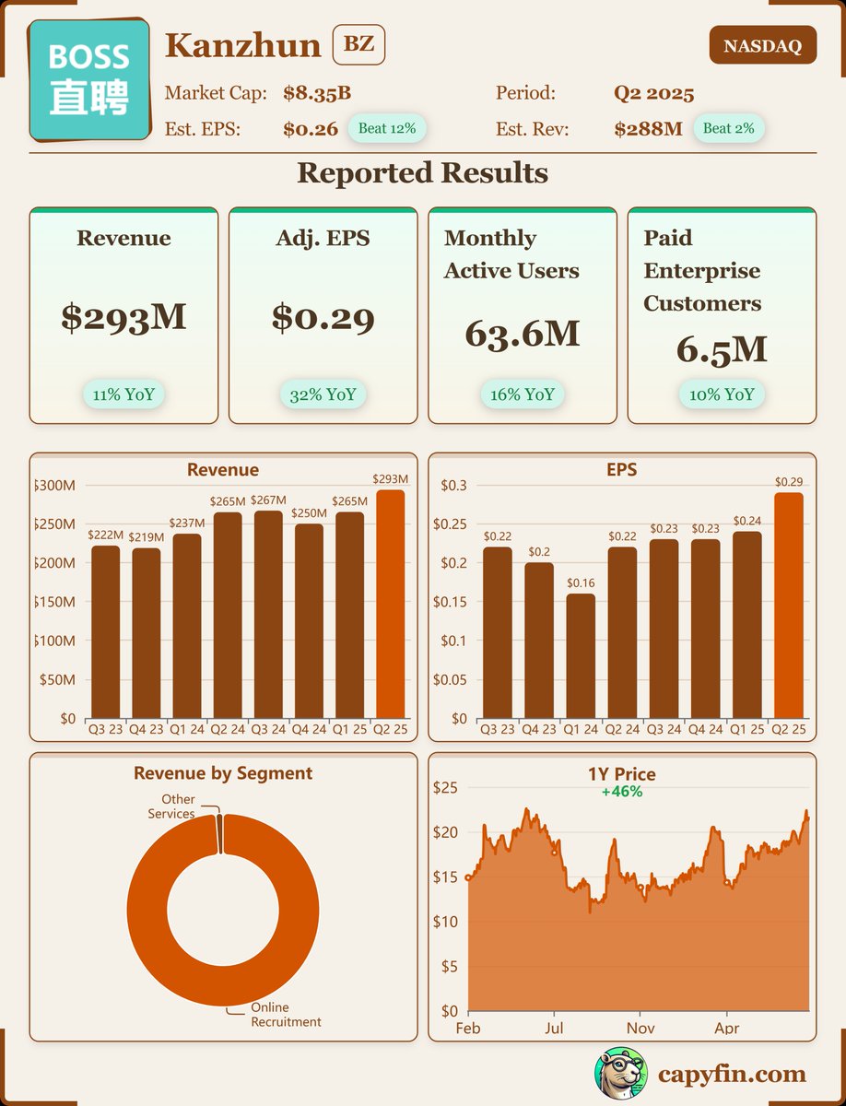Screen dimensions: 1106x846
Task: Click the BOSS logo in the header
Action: pyautogui.click(x=89, y=80)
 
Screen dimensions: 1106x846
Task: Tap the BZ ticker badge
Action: pyautogui.click(x=358, y=45)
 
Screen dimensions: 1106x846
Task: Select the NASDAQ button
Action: pyautogui.click(x=762, y=45)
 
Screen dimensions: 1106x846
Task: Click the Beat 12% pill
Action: pyautogui.click(x=386, y=128)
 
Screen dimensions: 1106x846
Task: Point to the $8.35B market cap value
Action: pyautogui.click(x=317, y=93)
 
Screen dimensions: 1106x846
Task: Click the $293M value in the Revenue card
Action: pyautogui.click(x=123, y=316)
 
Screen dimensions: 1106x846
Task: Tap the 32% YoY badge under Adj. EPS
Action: pyautogui.click(x=323, y=394)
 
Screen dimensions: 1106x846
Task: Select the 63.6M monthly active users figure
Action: pyautogui.click(x=522, y=333)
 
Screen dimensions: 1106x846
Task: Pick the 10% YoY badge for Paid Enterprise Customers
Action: pyautogui.click(x=722, y=394)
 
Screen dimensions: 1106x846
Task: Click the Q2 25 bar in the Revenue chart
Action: pyautogui.click(x=390, y=604)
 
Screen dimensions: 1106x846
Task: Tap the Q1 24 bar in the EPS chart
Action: pyautogui.click(x=581, y=655)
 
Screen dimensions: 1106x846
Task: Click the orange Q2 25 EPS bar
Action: pyautogui.click(x=788, y=605)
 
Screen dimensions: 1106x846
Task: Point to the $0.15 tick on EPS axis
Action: pyautogui.click(x=451, y=602)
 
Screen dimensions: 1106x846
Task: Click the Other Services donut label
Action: pyautogui.click(x=172, y=806)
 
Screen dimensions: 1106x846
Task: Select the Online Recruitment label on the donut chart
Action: pyautogui.click(x=286, y=1015)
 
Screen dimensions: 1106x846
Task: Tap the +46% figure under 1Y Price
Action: pyautogui.click(x=621, y=792)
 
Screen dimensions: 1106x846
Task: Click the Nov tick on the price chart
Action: pyautogui.click(x=640, y=1027)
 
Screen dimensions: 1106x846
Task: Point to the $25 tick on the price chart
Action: pyautogui.click(x=445, y=788)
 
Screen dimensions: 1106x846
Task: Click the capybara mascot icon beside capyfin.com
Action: pyautogui.click(x=620, y=1074)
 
